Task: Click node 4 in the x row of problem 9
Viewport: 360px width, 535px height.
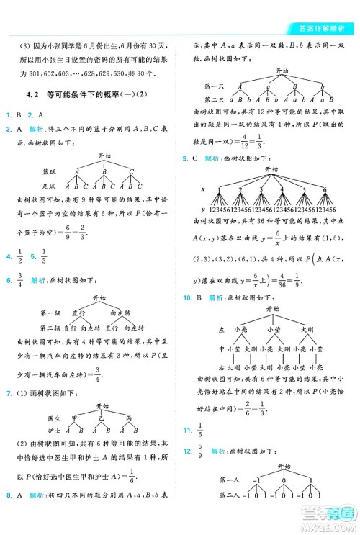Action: coord(280,190)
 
